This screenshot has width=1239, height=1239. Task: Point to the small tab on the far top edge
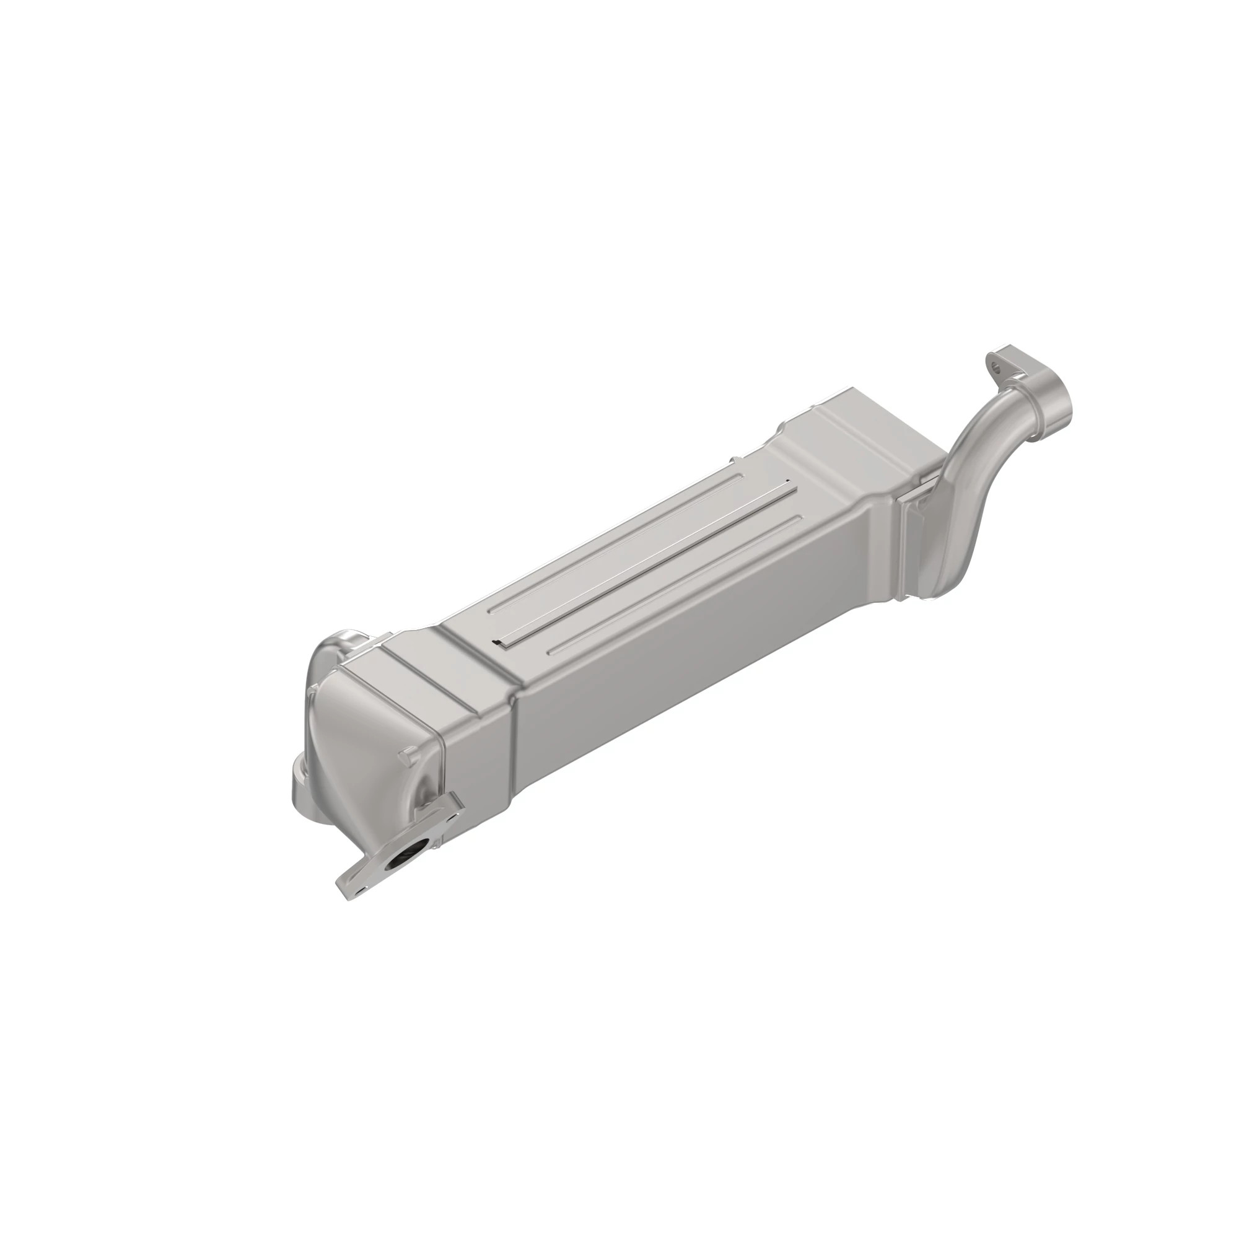[x=732, y=459]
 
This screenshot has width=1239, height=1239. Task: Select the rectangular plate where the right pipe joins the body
[x=914, y=539]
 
